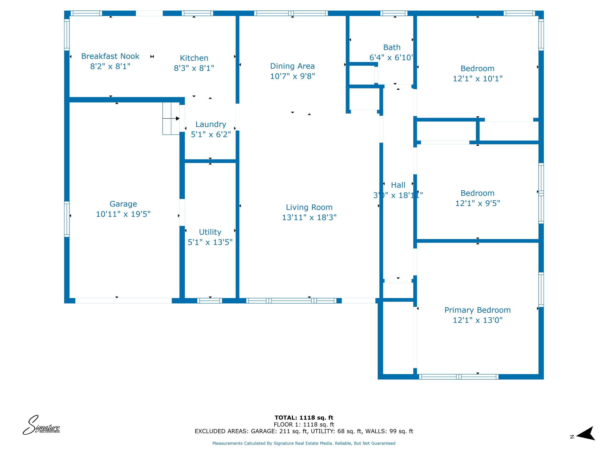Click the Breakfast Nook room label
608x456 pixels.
click(x=110, y=56)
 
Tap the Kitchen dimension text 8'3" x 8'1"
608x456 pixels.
click(x=194, y=68)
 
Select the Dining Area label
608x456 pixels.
click(x=292, y=66)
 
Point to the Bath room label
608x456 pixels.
click(x=392, y=47)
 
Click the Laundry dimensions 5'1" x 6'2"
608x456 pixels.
click(x=211, y=134)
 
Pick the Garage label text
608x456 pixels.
click(x=123, y=204)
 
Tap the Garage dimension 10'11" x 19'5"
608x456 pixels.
click(x=123, y=214)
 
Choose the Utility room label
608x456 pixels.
click(x=210, y=232)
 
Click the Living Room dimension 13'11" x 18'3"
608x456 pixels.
click(x=309, y=217)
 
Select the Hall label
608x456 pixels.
click(x=398, y=185)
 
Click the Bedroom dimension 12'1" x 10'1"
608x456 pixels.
click(x=477, y=79)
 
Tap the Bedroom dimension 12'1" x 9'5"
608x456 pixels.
click(x=477, y=203)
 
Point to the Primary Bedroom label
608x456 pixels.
click(x=477, y=310)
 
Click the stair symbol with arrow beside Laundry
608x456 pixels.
click(x=171, y=118)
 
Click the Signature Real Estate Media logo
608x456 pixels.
click(x=41, y=425)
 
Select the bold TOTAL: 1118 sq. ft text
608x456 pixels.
click(x=304, y=418)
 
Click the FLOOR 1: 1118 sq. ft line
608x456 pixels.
click(x=304, y=425)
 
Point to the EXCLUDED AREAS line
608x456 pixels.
click(x=304, y=431)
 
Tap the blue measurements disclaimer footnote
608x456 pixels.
click(x=304, y=443)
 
